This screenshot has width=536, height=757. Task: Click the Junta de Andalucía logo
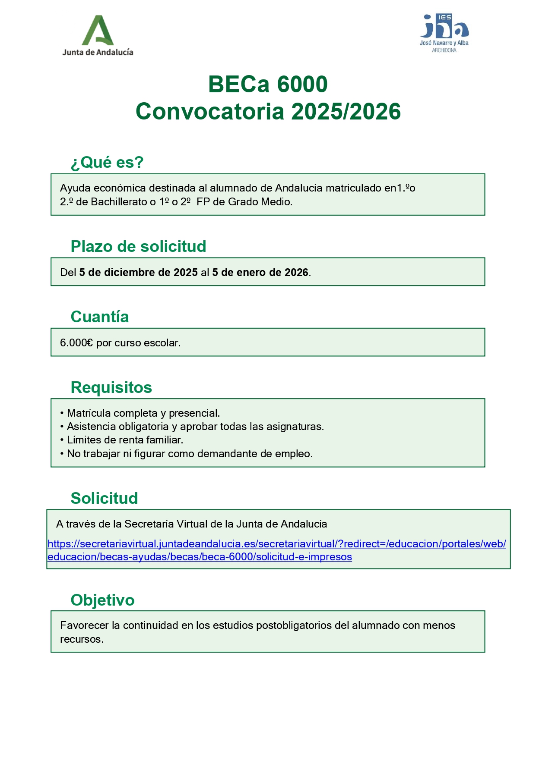click(98, 36)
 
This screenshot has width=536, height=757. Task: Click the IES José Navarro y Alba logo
click(444, 33)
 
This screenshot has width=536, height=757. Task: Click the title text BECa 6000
click(268, 84)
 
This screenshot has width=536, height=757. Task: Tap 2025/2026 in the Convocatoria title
click(346, 112)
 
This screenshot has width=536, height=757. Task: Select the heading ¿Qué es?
click(107, 163)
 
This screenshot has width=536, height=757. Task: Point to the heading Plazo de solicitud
click(138, 246)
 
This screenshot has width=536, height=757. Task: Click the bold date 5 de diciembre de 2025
click(138, 273)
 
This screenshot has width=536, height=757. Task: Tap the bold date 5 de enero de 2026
click(260, 273)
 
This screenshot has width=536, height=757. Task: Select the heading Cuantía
click(100, 317)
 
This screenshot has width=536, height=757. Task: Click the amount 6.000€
click(76, 343)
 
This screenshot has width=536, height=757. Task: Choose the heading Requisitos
click(111, 387)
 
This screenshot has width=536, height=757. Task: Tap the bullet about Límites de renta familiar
click(125, 440)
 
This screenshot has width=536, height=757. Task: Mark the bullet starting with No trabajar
click(190, 454)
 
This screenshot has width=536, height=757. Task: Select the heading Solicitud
click(104, 498)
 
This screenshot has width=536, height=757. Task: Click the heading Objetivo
click(102, 600)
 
